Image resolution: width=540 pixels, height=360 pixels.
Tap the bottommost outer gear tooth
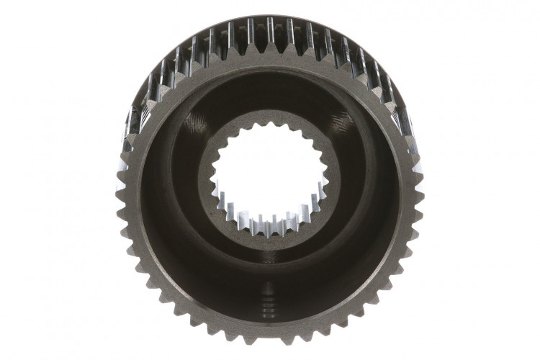pos(270,340)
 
